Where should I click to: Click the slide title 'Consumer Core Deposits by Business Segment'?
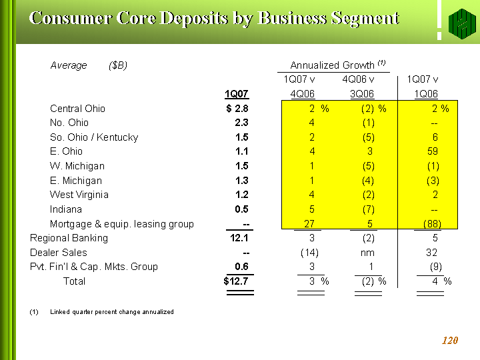click(214, 18)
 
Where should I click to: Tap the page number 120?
click(450, 341)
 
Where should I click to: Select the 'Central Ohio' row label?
click(77, 109)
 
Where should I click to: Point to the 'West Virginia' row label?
click(79, 195)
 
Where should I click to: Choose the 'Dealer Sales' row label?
click(58, 253)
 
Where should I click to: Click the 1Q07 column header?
click(237, 94)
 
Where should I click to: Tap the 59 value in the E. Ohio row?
click(433, 151)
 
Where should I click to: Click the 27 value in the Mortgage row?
click(309, 224)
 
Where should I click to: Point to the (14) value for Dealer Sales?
click(309, 253)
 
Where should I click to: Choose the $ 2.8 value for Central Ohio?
click(237, 109)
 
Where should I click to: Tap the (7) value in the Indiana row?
click(368, 209)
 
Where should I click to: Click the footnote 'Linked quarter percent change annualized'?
click(112, 312)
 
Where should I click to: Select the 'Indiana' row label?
click(66, 209)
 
